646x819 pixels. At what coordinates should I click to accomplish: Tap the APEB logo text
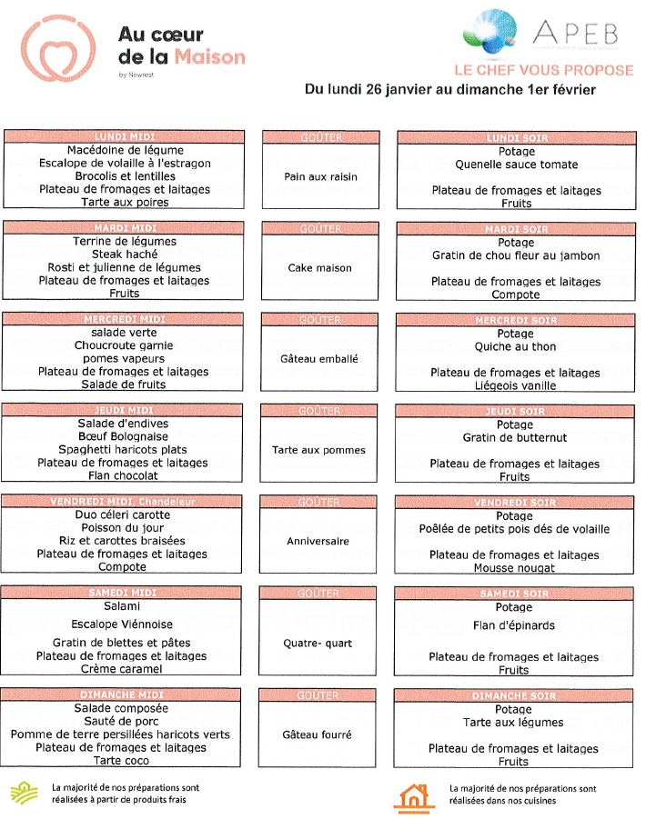click(x=575, y=34)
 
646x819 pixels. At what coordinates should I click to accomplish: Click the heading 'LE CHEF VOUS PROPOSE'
click(x=544, y=71)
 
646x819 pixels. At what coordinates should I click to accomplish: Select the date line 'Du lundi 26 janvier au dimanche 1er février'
click(x=450, y=90)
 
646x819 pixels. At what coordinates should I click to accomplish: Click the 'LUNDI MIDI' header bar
click(x=125, y=137)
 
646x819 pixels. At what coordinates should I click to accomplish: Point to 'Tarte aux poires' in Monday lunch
click(x=125, y=203)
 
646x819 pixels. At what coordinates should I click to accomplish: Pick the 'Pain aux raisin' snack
click(x=321, y=176)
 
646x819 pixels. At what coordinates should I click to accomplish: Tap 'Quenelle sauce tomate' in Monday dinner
click(x=516, y=165)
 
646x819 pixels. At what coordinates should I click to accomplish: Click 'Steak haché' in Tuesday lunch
click(x=125, y=255)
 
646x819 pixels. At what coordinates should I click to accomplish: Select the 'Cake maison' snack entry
click(x=319, y=268)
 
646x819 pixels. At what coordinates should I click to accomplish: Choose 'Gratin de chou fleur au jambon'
click(x=516, y=255)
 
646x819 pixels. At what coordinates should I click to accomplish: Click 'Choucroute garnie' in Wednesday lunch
click(x=124, y=345)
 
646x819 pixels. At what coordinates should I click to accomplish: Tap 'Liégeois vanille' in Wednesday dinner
click(x=515, y=385)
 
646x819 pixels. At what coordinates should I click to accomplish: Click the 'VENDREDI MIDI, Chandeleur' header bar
click(x=123, y=502)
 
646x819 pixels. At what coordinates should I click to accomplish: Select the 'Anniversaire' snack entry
click(x=318, y=541)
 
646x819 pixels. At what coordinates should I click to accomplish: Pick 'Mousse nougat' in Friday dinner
click(x=514, y=568)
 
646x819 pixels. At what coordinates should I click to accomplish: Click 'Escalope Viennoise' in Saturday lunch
click(x=122, y=624)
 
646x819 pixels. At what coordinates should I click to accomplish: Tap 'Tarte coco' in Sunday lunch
click(x=122, y=761)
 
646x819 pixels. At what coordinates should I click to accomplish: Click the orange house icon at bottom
click(x=414, y=796)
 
